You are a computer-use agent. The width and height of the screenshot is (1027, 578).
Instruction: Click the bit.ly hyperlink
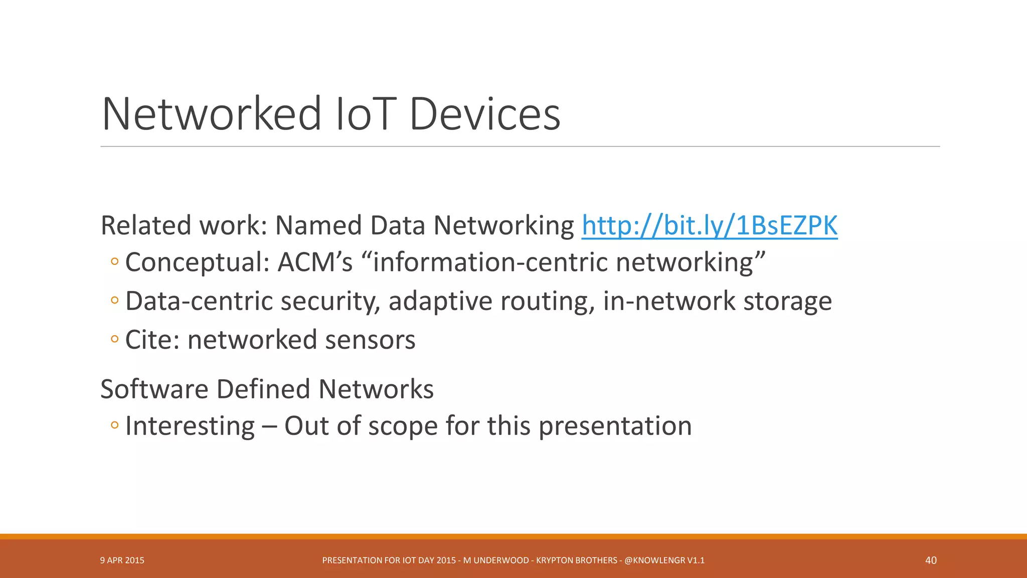[x=709, y=225]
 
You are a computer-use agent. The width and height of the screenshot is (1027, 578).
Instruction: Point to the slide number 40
[x=931, y=560]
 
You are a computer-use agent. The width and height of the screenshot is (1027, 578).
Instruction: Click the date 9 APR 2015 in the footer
[x=122, y=560]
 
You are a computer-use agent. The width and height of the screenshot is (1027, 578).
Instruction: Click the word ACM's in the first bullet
[x=315, y=262]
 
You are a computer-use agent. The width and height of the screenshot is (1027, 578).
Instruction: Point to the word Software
[x=154, y=389]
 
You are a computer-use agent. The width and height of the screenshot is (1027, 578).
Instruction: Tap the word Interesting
[x=190, y=426]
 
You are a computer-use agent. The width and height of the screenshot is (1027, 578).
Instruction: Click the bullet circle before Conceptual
[x=115, y=261]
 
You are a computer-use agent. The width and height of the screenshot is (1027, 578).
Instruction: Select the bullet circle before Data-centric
[x=115, y=300]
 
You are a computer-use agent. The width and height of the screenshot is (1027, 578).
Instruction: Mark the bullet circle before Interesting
[x=115, y=425]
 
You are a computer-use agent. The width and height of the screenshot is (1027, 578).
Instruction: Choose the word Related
[x=146, y=225]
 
